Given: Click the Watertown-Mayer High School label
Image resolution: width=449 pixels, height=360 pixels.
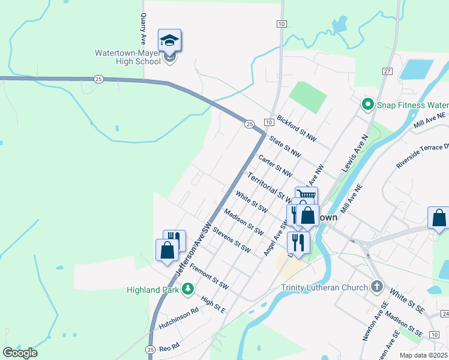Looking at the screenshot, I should click(127, 53).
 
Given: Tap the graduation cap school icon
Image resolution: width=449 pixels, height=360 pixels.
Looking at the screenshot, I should click(169, 40).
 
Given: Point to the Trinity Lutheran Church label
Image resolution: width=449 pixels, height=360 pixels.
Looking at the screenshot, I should click(324, 287).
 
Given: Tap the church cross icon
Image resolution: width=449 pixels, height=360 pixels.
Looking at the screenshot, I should click(377, 286).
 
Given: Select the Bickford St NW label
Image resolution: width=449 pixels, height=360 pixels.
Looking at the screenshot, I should click(296, 128).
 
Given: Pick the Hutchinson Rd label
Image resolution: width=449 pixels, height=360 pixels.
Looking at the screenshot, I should click(179, 319).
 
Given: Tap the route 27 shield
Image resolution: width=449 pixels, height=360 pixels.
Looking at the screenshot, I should click(387, 71).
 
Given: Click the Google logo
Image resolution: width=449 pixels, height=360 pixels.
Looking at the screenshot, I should click(20, 352).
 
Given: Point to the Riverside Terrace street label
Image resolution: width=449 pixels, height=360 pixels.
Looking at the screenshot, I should click(423, 155).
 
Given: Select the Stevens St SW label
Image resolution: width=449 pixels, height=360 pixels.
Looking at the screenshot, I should click(231, 239).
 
